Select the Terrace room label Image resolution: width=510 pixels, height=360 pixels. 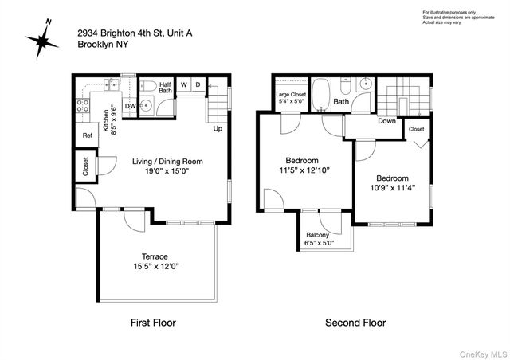coord(155,256)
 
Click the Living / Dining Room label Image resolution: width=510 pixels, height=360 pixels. coord(167,162)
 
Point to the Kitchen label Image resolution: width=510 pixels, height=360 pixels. coord(107,115)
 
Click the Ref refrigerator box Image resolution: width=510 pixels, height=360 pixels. coord(86,135)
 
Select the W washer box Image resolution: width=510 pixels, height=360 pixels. coord(183,84)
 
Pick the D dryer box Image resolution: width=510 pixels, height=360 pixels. coord(198,84)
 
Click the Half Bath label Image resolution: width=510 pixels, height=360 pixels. coord(166,87)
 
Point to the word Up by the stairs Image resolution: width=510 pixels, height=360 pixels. coord(218,128)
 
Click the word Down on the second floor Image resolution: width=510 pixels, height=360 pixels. coord(387,122)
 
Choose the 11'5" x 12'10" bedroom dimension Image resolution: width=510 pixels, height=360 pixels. coord(304,170)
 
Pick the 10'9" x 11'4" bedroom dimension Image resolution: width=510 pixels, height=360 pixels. coord(392,189)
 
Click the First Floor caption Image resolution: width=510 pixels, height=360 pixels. coord(152,323)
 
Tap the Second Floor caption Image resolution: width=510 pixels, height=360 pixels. coord(355,323)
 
